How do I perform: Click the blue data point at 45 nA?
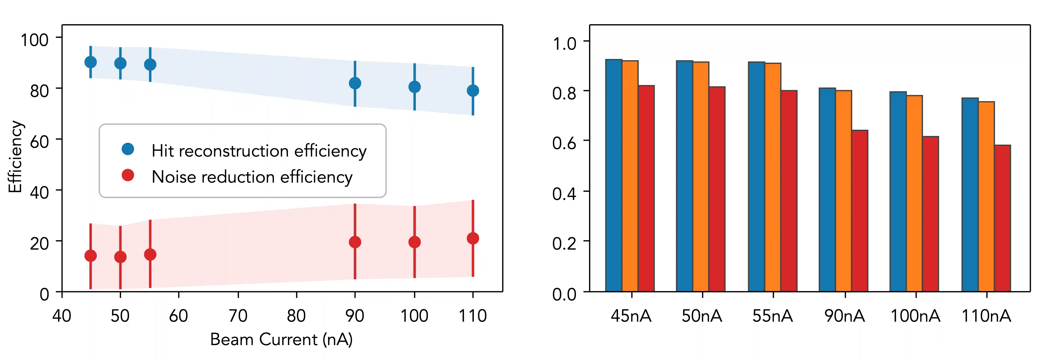click(90, 62)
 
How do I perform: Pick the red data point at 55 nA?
click(150, 255)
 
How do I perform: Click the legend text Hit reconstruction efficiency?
click(259, 151)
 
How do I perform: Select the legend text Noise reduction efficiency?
click(252, 177)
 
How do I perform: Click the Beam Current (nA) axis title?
click(281, 339)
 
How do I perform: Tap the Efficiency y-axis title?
click(16, 157)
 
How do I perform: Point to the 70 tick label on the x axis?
click(238, 316)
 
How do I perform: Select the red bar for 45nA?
click(646, 188)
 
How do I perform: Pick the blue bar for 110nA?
click(970, 194)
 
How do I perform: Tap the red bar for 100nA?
click(930, 214)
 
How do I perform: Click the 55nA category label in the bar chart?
click(772, 316)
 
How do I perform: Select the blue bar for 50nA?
click(684, 176)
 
